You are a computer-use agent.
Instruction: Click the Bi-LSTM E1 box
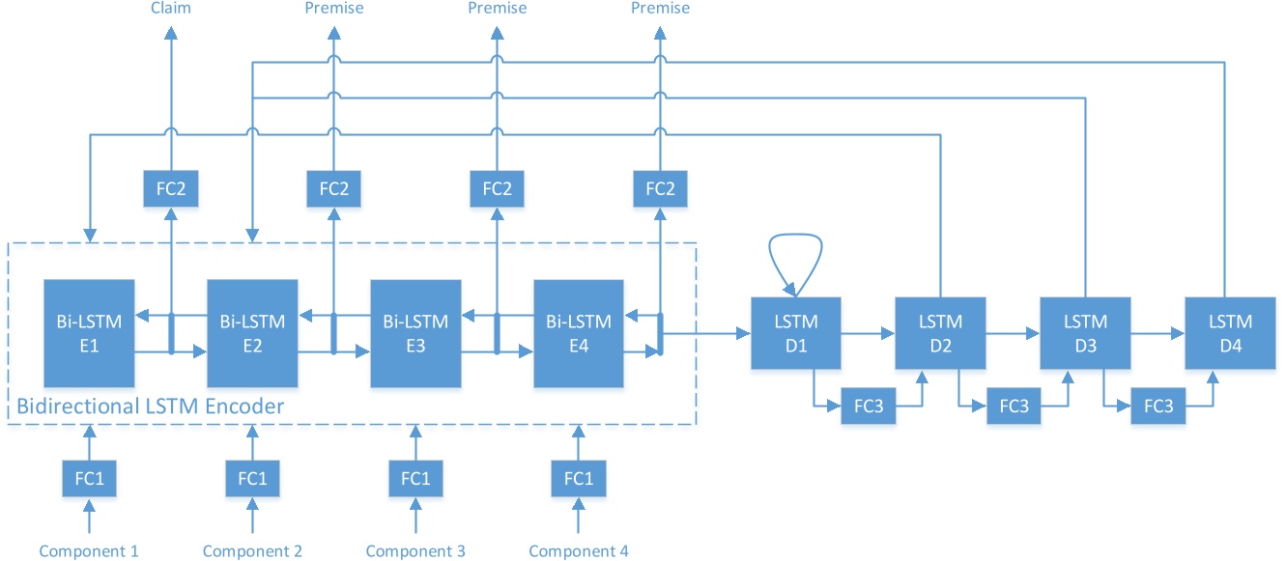pos(89,333)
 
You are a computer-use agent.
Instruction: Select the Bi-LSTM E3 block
pos(415,333)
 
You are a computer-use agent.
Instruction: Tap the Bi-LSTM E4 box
pos(579,333)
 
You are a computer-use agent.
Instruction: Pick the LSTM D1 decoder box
pos(796,333)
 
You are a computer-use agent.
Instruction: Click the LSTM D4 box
pos(1230,333)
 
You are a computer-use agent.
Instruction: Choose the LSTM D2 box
pos(940,333)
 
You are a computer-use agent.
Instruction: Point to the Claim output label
pos(170,8)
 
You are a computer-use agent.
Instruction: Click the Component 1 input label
pos(89,550)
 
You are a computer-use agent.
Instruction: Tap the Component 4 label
pos(579,550)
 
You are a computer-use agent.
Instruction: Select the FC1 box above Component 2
pos(252,478)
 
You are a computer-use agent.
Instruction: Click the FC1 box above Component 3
pos(415,478)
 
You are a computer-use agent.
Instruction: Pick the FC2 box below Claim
pos(170,188)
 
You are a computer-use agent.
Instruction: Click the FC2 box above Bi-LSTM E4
pos(660,188)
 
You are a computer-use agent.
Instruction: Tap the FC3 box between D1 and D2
pos(868,407)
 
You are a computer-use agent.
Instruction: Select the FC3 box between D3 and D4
pos(1157,407)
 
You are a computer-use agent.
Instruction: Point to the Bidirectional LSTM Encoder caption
pos(151,407)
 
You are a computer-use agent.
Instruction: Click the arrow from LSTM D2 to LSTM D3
pos(1013,333)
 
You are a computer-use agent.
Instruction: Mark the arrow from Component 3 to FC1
pos(415,515)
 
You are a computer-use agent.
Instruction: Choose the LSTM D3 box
pos(1086,333)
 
